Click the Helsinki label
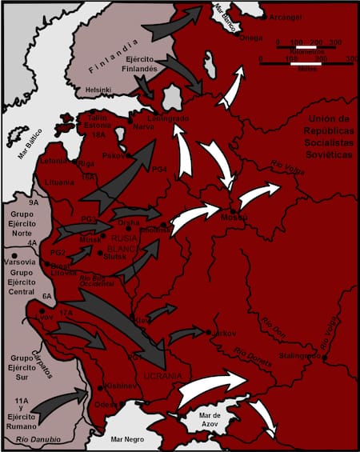pos(98,90)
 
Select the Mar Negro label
pos(128,438)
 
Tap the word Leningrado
pos(168,119)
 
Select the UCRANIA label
pos(163,376)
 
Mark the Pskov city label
pos(114,154)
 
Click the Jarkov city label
pos(223,330)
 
